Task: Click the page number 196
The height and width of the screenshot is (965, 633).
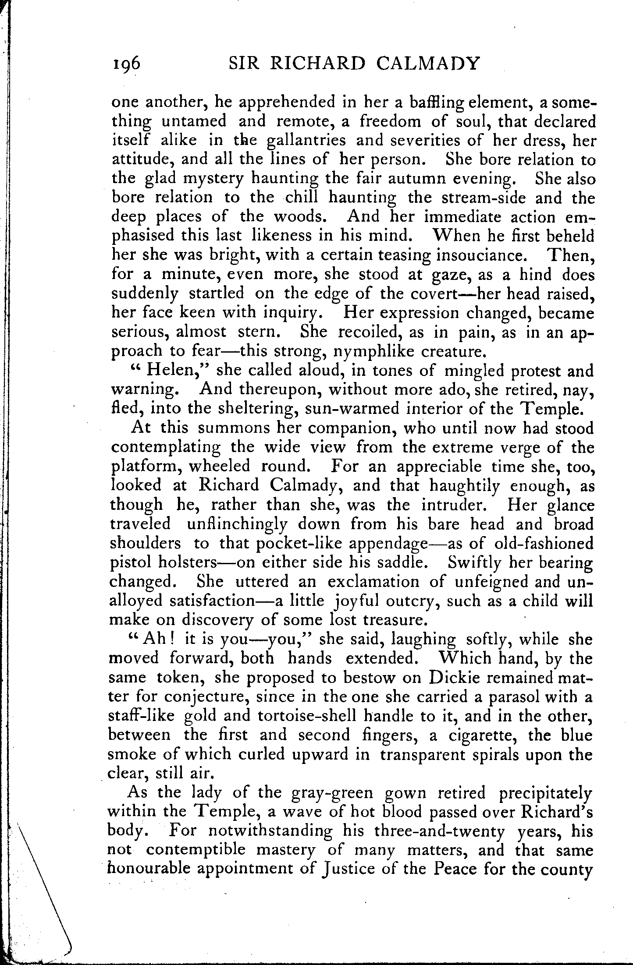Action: [126, 64]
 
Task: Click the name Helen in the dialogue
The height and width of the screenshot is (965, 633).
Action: [173, 371]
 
